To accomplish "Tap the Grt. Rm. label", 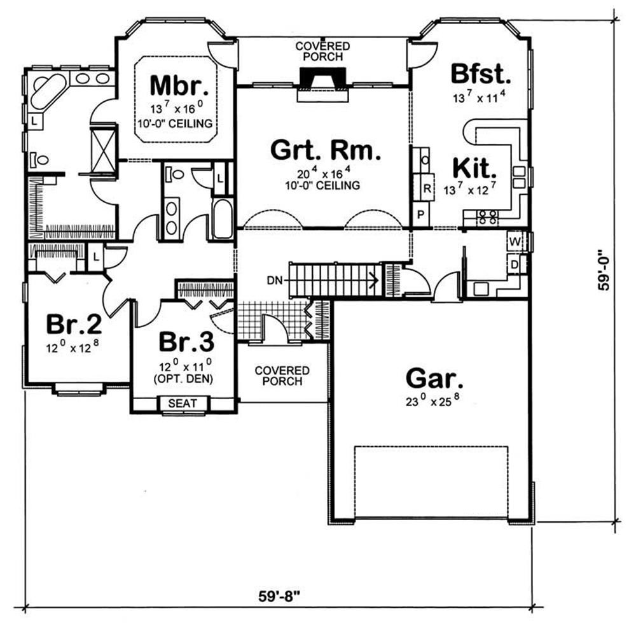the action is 326,150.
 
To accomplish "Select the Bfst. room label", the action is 481,74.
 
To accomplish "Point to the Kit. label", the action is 474,168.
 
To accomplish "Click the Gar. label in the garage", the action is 434,379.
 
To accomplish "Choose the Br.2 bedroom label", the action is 74,324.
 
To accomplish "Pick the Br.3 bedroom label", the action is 186,341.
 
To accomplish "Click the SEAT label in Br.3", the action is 183,403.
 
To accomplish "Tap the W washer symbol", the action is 515,242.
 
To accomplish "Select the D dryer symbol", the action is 515,265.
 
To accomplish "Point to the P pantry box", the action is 421,214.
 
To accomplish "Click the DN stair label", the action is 275,280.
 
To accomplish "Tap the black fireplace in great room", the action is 323,78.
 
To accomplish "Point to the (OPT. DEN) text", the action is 183,379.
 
